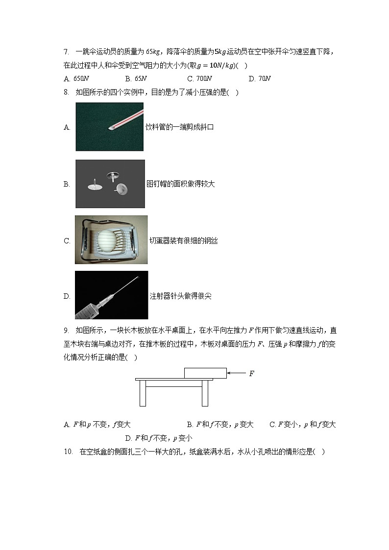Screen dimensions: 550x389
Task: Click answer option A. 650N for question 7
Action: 76,78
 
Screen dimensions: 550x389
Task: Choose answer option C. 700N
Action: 199,78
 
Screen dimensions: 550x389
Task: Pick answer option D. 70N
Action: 260,78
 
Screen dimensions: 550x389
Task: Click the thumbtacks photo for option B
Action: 110,184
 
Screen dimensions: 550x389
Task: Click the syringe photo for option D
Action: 111,295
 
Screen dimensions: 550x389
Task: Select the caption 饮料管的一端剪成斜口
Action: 180,127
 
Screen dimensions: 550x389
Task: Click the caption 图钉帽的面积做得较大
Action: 181,184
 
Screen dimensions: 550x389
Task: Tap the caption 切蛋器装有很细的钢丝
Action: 183,240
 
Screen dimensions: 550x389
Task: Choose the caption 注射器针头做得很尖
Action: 180,296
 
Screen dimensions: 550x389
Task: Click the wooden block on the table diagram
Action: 205,373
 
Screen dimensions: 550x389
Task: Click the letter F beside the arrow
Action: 251,374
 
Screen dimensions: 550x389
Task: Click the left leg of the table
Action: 143,393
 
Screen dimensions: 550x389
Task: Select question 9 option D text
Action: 158,438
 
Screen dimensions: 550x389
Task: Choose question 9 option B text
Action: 220,425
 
